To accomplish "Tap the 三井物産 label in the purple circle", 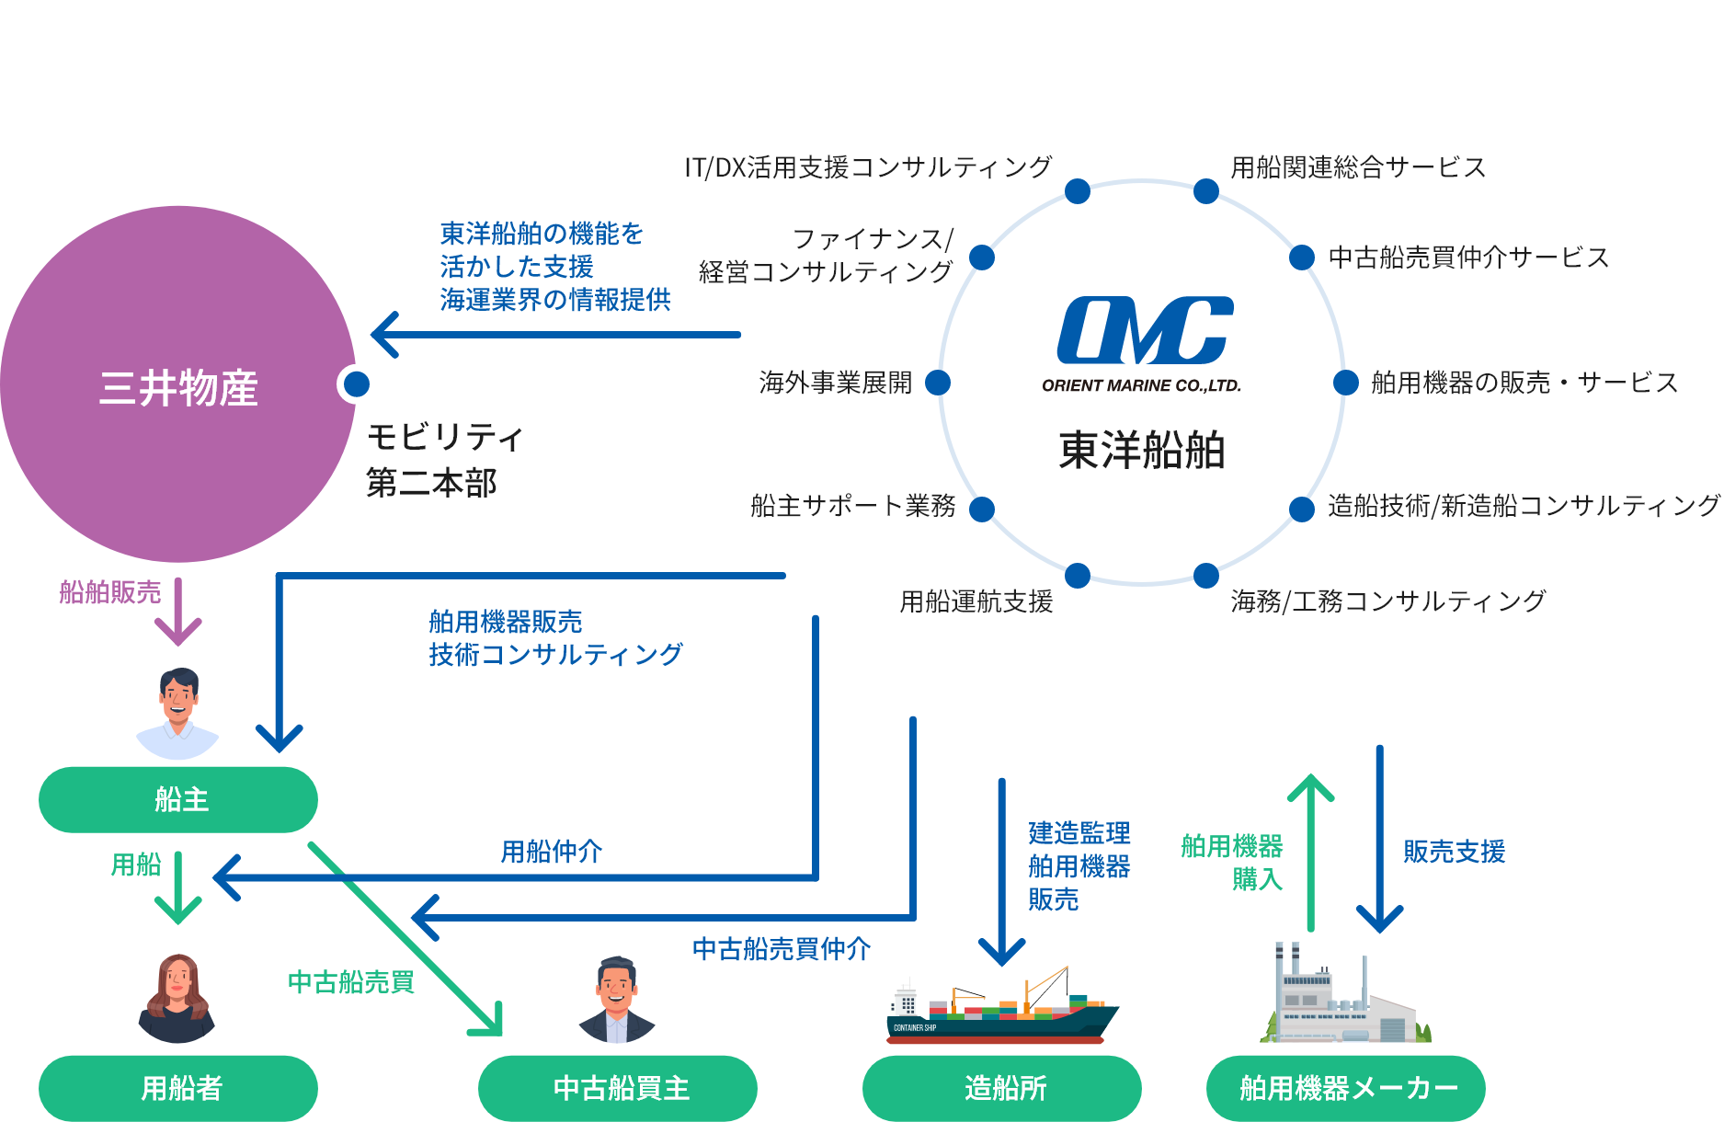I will [178, 387].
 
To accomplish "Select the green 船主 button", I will [178, 799].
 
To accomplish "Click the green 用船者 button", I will [178, 1088].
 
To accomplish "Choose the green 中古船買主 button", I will [618, 1088].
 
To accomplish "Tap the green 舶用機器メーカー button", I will [1346, 1088].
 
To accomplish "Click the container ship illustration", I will [1002, 1012].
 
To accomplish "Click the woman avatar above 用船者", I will [177, 994].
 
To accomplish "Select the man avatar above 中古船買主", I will [617, 994].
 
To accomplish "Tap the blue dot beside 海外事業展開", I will [938, 383].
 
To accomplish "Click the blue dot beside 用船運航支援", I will [1078, 576].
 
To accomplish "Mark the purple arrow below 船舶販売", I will [177, 613].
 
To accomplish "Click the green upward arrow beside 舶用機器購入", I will [1310, 851].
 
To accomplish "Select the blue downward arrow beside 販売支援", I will [1379, 841].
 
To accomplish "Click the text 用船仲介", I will [551, 852].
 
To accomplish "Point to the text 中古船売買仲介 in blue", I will [782, 949].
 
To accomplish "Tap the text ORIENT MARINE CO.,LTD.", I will [1141, 386].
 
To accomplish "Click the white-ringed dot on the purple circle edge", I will [356, 384].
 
